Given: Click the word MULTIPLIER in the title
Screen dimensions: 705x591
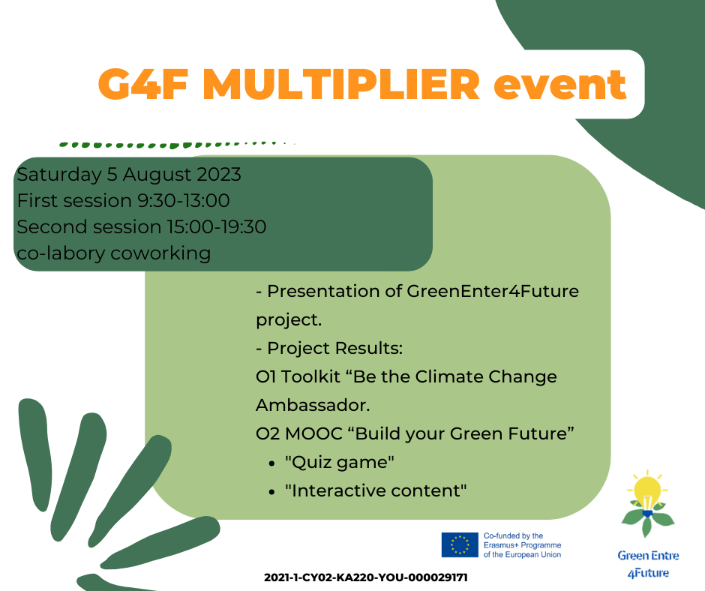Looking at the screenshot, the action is pos(341,84).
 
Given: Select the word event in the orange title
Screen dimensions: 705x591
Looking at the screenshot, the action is pos(559,85).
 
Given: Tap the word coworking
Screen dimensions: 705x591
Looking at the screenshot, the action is pos(160,253).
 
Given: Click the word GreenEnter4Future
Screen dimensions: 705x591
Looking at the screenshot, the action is pos(493,291).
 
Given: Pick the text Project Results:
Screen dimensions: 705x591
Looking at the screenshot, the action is pos(335,349).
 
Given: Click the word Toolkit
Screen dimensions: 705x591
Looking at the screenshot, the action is pos(310,377).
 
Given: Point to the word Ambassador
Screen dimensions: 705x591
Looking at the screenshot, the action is pos(313,405).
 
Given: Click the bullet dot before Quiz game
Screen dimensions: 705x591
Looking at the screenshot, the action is pos(271,463).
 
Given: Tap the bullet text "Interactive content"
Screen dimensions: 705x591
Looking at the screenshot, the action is pos(376,490).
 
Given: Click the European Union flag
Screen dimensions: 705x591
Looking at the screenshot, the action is pos(460,544).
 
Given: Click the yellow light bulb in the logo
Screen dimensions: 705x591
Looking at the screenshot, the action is pos(647,491).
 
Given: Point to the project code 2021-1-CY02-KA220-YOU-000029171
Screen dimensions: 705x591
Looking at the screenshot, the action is pos(365,577).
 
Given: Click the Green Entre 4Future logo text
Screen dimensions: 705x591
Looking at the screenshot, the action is pos(648,564).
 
